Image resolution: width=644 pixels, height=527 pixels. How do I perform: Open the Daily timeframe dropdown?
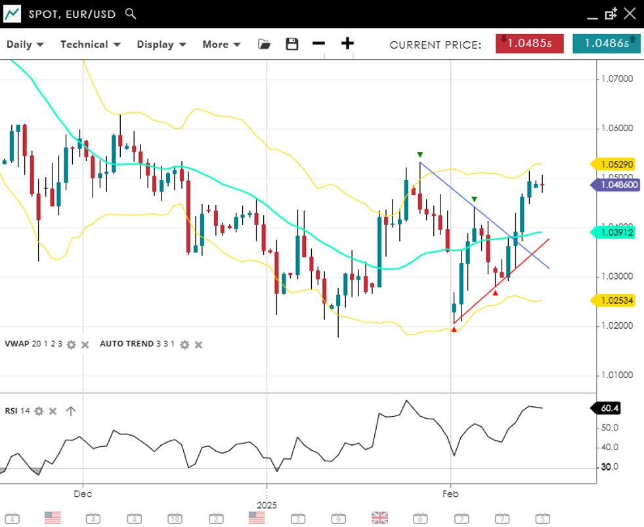[25, 45]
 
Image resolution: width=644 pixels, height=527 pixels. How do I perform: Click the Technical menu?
[90, 45]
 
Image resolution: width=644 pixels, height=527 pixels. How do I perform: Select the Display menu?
[161, 45]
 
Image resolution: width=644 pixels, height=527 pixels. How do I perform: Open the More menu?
[221, 45]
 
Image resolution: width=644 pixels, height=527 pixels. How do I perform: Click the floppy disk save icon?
[292, 44]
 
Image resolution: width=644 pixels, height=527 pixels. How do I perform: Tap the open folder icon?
[264, 44]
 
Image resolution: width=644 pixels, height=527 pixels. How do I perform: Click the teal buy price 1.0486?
[606, 43]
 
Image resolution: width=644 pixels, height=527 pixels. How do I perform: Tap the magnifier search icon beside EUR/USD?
[131, 13]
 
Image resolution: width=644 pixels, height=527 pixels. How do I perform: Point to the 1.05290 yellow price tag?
[616, 164]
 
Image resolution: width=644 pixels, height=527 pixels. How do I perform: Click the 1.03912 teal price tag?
[616, 232]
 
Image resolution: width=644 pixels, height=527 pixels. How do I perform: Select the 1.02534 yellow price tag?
[616, 301]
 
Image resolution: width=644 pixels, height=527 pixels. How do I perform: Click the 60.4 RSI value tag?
[609, 408]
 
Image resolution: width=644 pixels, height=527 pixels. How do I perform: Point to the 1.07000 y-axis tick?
[617, 79]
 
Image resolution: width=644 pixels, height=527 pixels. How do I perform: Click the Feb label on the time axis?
[450, 493]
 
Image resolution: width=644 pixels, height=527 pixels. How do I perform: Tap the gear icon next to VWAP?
[72, 345]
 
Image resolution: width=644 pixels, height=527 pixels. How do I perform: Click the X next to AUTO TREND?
[198, 345]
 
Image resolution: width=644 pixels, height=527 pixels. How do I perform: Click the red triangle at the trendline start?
[454, 329]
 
